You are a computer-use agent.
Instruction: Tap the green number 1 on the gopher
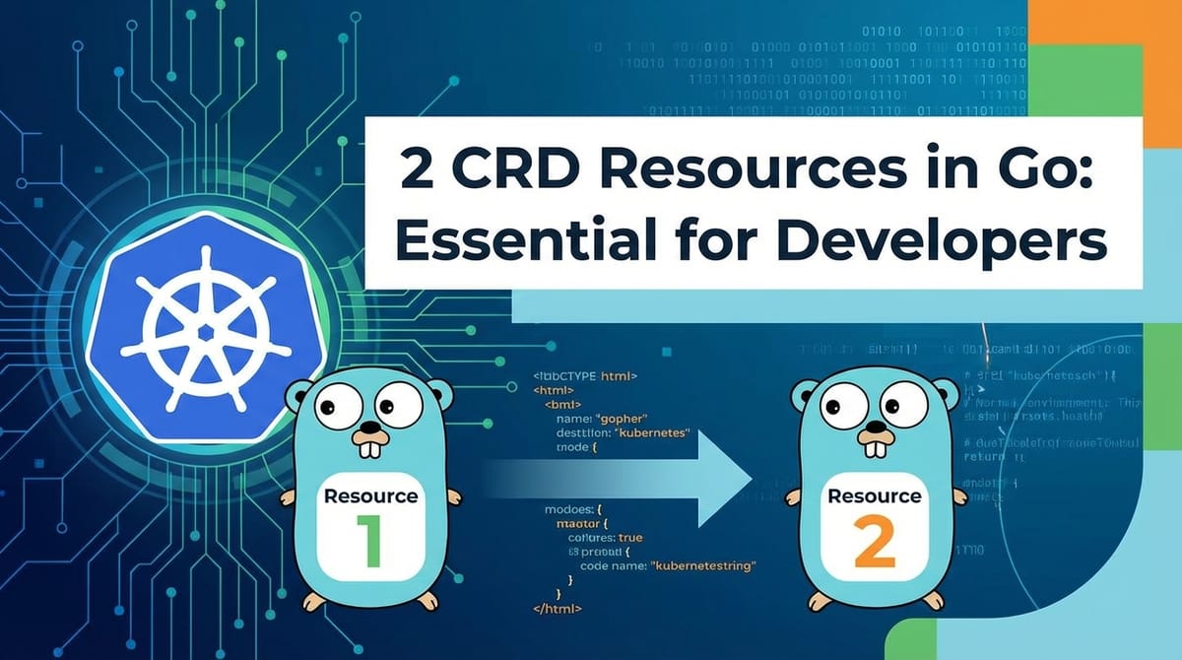(369, 540)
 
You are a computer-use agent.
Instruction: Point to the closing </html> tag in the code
(557, 609)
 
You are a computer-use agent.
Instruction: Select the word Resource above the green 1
(370, 495)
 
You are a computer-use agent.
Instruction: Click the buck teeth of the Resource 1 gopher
(370, 450)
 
